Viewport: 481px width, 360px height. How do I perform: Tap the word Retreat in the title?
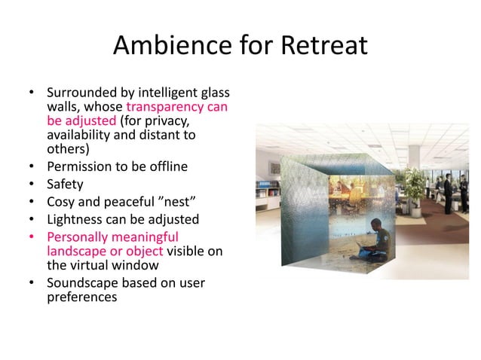(x=323, y=47)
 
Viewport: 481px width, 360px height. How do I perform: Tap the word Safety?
(x=66, y=185)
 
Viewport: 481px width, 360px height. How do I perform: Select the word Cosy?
(x=61, y=202)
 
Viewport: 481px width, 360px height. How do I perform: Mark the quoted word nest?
(x=173, y=202)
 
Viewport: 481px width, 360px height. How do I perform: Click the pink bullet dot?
(x=32, y=238)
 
